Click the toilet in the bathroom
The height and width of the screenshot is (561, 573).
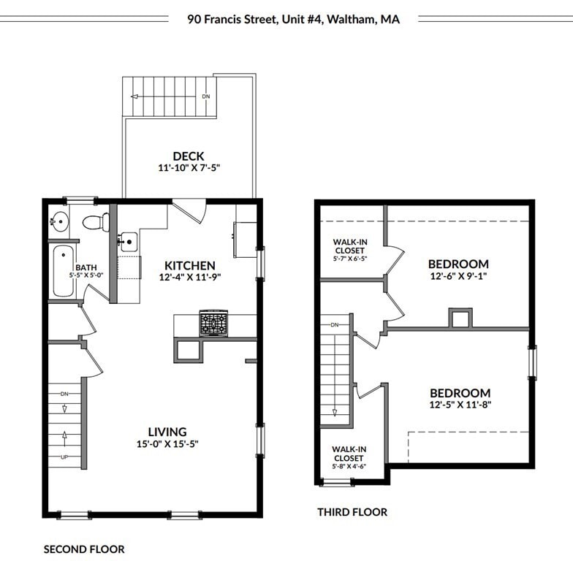pos(96,221)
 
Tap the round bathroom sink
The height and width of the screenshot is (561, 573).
pos(59,220)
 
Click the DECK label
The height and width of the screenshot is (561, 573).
pos(189,156)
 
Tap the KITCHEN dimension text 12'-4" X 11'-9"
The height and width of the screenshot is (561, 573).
pos(189,278)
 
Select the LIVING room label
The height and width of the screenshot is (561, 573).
pos(167,432)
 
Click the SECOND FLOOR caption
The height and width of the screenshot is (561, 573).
pos(84,549)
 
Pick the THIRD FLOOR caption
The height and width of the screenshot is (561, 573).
pos(352,512)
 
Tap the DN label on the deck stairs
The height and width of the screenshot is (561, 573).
pos(205,96)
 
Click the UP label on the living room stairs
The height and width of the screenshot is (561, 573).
pos(64,457)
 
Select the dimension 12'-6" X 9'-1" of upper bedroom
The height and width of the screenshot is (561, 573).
pos(458,277)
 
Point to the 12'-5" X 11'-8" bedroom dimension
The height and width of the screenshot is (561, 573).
pos(460,405)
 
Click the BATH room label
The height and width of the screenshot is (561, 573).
pos(86,267)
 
